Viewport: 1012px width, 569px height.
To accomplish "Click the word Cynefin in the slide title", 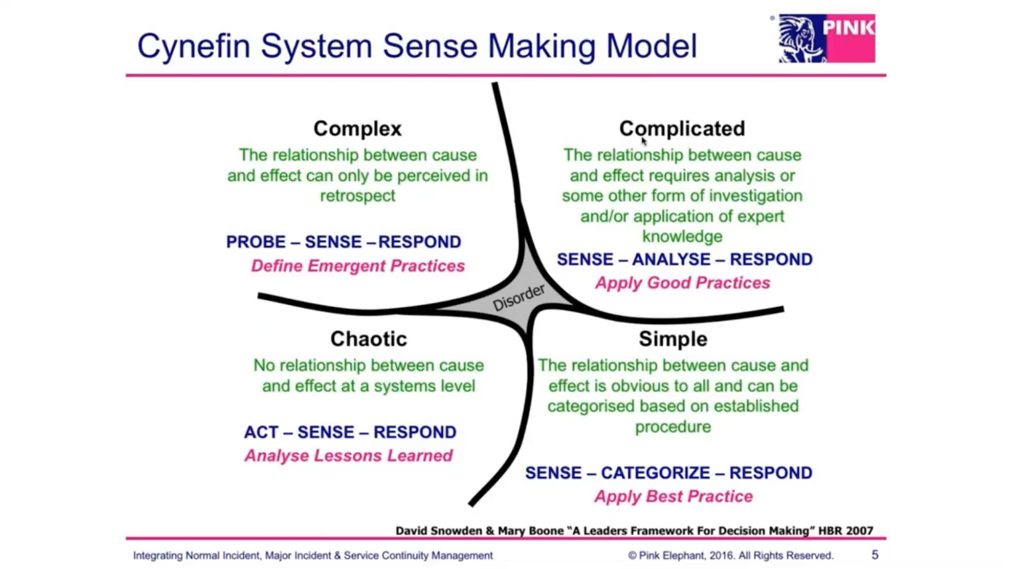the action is coord(194,46).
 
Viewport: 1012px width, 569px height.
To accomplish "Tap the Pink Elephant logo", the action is coord(827,38).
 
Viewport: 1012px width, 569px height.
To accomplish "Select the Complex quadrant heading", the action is coord(357,129).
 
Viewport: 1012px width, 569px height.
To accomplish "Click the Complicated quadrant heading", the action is coord(682,129).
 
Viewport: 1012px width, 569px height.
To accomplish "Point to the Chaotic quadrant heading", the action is coord(369,339).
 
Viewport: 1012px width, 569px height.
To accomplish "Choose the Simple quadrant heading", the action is coord(673,339).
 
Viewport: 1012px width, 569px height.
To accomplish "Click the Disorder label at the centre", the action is coord(519,298).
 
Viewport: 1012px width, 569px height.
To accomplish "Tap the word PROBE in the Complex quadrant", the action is coord(256,242).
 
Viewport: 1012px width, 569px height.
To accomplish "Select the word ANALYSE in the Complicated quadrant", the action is coord(671,259).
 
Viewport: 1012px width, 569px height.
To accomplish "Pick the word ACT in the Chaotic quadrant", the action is coord(261,432).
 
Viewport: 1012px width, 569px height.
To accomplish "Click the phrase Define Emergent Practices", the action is coord(358,266).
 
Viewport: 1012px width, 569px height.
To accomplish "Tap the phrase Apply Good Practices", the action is coord(682,283).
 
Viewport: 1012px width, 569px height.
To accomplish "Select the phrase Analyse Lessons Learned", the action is coord(348,456).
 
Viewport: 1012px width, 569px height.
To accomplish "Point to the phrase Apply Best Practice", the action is coord(674,496).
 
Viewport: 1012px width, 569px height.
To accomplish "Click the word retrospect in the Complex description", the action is coord(357,196).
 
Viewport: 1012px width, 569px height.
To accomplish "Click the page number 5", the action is coord(875,555).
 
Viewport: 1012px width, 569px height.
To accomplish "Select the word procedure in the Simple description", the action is coord(673,427).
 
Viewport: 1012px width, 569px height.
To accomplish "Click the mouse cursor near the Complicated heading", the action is coord(643,141).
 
